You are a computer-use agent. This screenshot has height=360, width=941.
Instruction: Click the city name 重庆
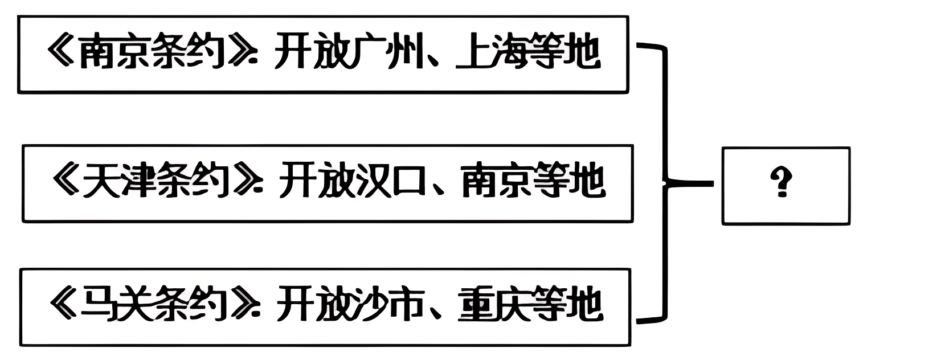pos(493,305)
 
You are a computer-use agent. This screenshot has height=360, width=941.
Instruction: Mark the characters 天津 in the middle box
pos(118,181)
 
